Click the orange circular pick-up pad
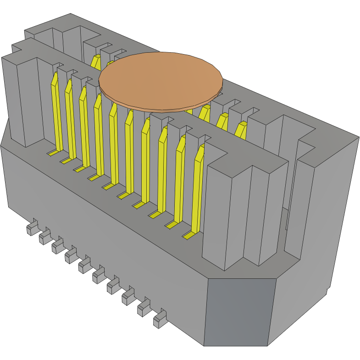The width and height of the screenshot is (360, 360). [161, 80]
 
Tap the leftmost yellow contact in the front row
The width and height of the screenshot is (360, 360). [56, 110]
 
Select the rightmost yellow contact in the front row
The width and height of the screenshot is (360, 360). [198, 188]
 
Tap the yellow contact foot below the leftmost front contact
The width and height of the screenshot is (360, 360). [54, 152]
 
